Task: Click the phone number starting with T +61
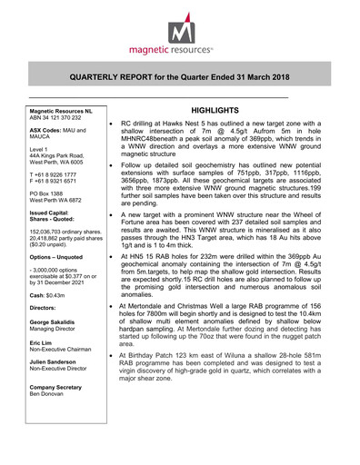click(x=64, y=172)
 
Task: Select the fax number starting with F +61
click(x=64, y=179)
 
